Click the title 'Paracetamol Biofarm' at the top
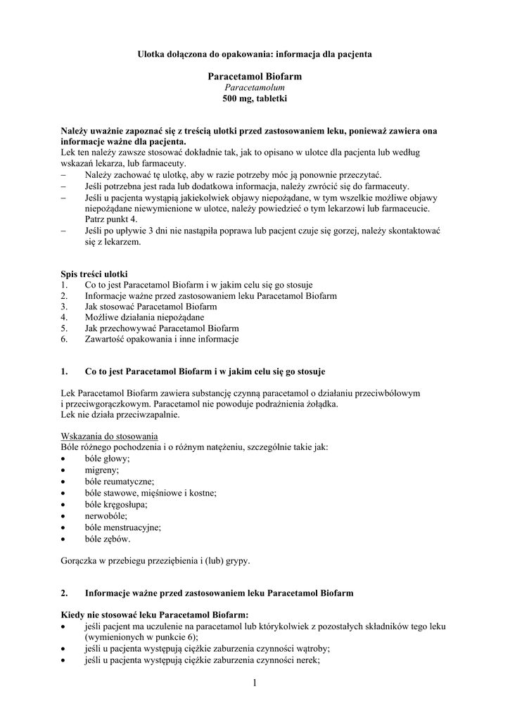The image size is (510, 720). (x=255, y=76)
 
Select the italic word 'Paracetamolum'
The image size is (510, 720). (x=255, y=87)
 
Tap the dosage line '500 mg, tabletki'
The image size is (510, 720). (x=255, y=99)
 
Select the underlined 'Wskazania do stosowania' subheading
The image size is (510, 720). (x=110, y=436)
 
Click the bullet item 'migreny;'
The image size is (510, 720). (x=102, y=470)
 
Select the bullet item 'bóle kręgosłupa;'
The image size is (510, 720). (x=116, y=504)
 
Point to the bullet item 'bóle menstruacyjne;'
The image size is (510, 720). (x=123, y=527)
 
